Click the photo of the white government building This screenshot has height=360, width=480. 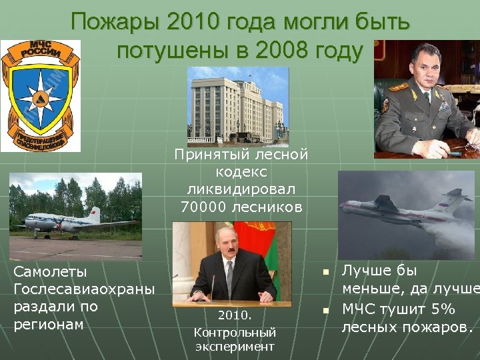pos(238,105)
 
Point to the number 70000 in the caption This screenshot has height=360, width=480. pos(203,207)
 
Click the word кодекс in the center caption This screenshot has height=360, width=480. pos(241,172)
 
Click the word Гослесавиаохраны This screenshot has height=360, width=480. pos(83,289)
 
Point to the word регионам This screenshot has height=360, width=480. pos(49,325)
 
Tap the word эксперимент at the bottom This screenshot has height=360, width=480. pos(235,347)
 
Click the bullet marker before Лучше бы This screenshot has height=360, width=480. pos(325,272)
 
